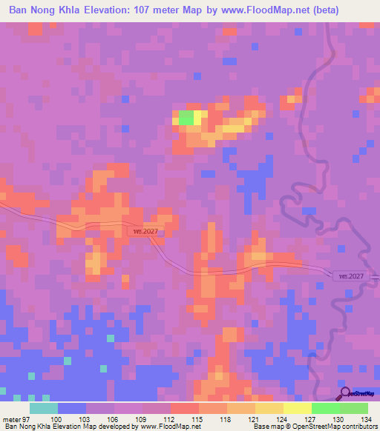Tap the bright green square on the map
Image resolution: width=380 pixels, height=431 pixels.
point(186,118)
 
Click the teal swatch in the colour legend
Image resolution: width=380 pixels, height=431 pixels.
point(44,408)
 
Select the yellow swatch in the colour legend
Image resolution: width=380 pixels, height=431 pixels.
point(297,408)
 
